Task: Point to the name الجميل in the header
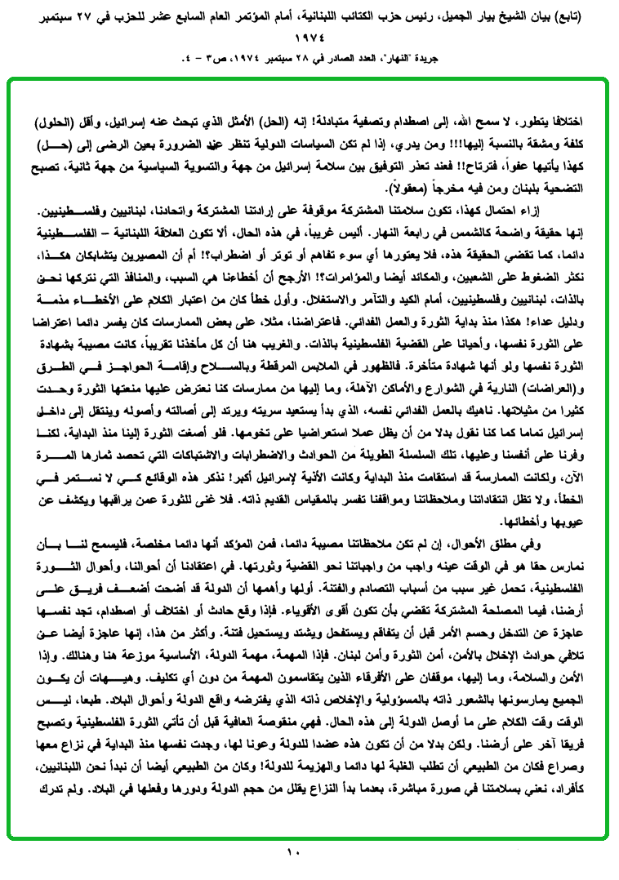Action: click(x=483, y=16)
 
